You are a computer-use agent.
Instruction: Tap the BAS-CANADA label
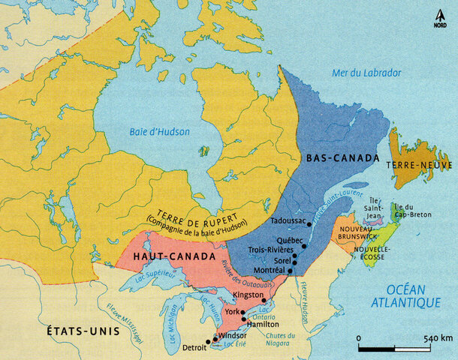[x=336, y=159]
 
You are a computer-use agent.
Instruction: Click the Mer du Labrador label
[x=366, y=73]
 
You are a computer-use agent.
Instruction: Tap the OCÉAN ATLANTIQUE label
[x=408, y=295]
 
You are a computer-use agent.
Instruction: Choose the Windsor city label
[x=232, y=335]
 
